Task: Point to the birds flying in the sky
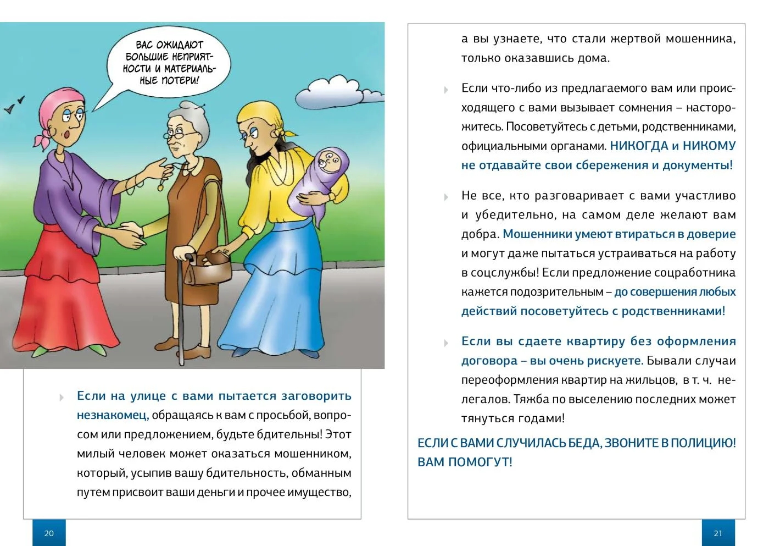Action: pyautogui.click(x=15, y=104)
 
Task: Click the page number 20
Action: pyautogui.click(x=49, y=533)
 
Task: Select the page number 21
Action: pyautogui.click(x=718, y=533)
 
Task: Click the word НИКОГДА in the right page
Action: pyautogui.click(x=639, y=146)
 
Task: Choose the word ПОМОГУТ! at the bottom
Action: pyautogui.click(x=480, y=462)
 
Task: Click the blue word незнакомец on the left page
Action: pyautogui.click(x=113, y=416)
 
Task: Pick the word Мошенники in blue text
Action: pyautogui.click(x=537, y=234)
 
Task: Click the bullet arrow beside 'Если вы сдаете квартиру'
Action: pyautogui.click(x=446, y=343)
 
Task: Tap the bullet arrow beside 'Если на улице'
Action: pyautogui.click(x=62, y=398)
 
